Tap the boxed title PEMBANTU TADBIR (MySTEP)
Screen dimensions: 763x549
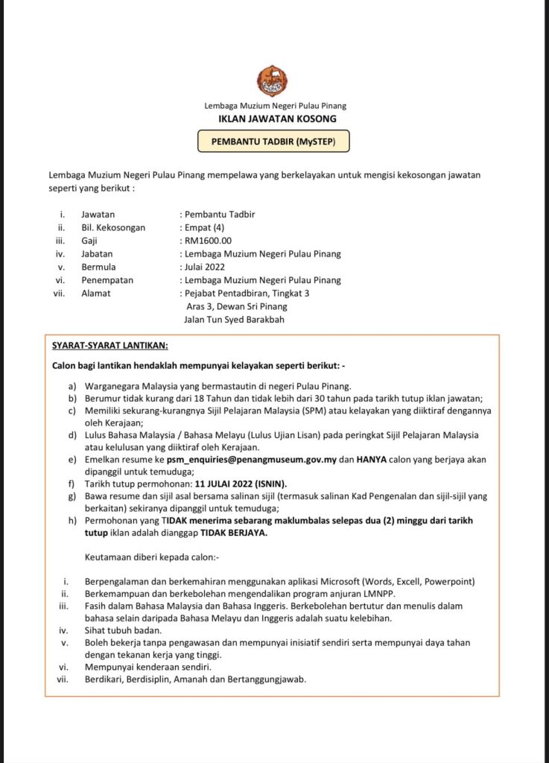[x=273, y=140]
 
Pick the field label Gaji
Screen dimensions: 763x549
[x=89, y=241]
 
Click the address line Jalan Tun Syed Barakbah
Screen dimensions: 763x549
[x=234, y=320]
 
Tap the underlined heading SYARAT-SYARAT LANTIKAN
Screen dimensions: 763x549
[x=110, y=346]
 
